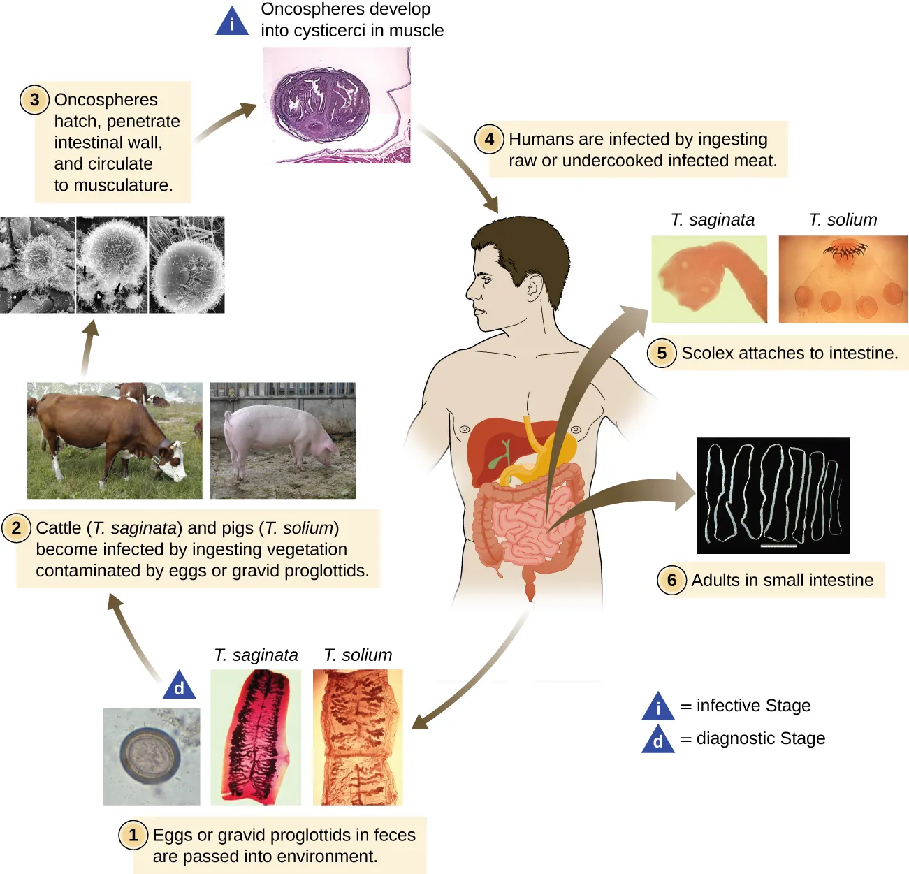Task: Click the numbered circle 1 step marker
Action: [x=133, y=835]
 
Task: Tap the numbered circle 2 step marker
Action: [x=17, y=527]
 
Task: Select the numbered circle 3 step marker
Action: [x=34, y=100]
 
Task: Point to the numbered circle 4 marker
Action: [x=489, y=139]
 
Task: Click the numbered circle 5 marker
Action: [x=662, y=353]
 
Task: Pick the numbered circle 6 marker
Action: [x=671, y=580]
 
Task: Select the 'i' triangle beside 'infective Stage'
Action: [x=657, y=707]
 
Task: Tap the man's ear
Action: [x=535, y=285]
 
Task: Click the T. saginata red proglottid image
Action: [x=256, y=737]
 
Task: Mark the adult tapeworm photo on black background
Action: [x=773, y=495]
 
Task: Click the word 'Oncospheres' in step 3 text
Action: [x=106, y=100]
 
